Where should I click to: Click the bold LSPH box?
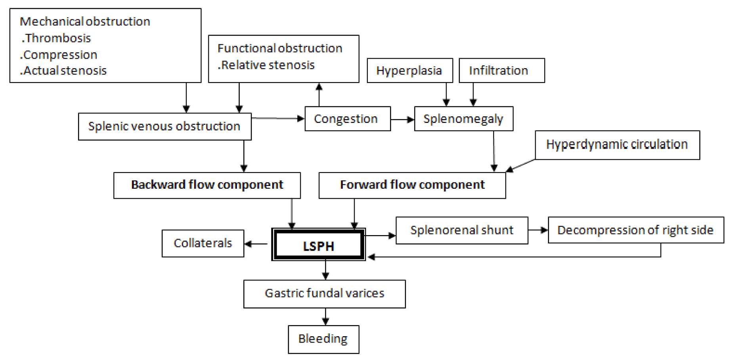[x=318, y=245]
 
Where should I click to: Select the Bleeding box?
[x=323, y=339]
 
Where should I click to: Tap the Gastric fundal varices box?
[x=324, y=294]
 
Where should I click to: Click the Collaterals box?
[x=203, y=243]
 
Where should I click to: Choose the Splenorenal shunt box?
[x=462, y=230]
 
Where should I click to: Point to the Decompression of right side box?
[x=636, y=230]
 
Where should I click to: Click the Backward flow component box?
[x=207, y=185]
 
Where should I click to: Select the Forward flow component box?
[x=412, y=185]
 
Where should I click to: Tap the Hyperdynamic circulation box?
[x=617, y=145]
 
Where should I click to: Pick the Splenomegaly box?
[x=464, y=119]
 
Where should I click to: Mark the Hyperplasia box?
[x=409, y=71]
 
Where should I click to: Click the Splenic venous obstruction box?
[x=164, y=126]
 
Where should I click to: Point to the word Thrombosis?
[x=58, y=38]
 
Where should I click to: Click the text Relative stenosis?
[x=267, y=65]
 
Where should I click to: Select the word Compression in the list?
[x=60, y=55]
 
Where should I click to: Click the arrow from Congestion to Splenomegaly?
[x=402, y=119]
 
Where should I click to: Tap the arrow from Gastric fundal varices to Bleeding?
[x=325, y=316]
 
